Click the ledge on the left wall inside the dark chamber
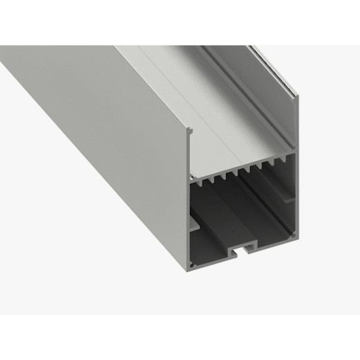tap(196, 226)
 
